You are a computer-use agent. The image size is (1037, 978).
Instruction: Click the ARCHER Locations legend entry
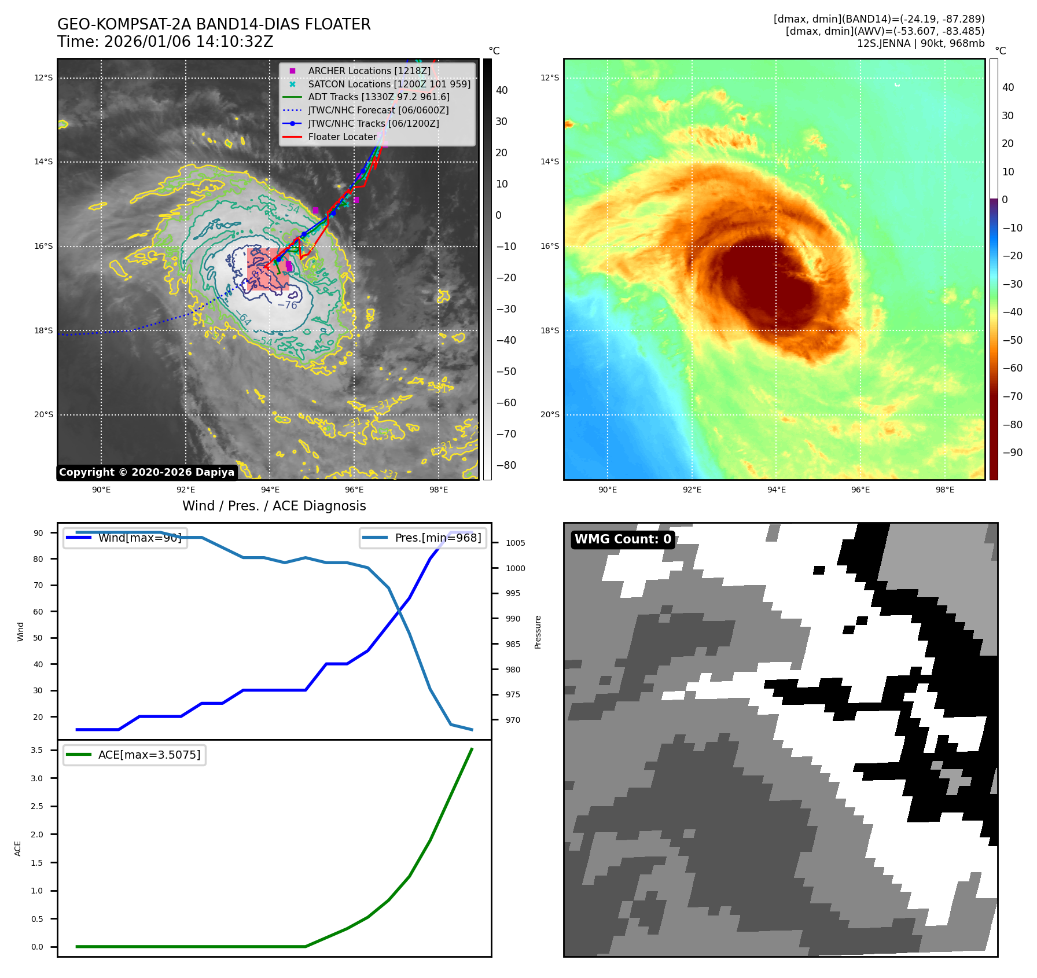click(x=369, y=71)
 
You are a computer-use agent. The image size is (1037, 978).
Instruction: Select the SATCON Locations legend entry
click(x=389, y=84)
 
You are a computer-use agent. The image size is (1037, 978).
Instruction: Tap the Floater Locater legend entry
click(x=342, y=137)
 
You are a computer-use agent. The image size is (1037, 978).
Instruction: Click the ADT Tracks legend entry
click(x=378, y=97)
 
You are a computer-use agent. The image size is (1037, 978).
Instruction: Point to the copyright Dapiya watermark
click(x=146, y=472)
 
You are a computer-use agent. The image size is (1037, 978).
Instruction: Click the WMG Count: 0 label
click(x=623, y=539)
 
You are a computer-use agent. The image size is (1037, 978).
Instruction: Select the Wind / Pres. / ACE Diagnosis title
click(x=274, y=506)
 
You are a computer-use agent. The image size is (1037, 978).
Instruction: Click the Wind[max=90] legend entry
click(x=139, y=538)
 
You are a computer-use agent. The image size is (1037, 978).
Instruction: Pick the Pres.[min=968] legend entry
click(x=437, y=538)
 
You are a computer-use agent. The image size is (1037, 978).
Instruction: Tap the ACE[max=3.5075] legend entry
click(x=149, y=755)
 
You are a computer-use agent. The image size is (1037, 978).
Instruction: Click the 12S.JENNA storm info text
click(x=920, y=43)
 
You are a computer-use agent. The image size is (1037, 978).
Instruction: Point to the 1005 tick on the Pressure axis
click(x=515, y=543)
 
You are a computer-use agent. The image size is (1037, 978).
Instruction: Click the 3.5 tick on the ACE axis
click(x=37, y=750)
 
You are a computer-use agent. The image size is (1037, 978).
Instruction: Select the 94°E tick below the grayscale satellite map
click(x=270, y=490)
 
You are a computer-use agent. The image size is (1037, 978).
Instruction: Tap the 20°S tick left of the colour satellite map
click(x=550, y=414)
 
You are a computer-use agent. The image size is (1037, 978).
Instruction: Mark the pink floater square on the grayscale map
click(x=268, y=270)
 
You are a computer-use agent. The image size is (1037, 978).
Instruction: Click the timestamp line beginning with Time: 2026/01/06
click(x=165, y=42)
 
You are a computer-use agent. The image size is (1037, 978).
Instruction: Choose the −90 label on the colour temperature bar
click(x=1012, y=453)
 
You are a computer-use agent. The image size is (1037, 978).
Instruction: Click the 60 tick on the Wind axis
click(x=38, y=611)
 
